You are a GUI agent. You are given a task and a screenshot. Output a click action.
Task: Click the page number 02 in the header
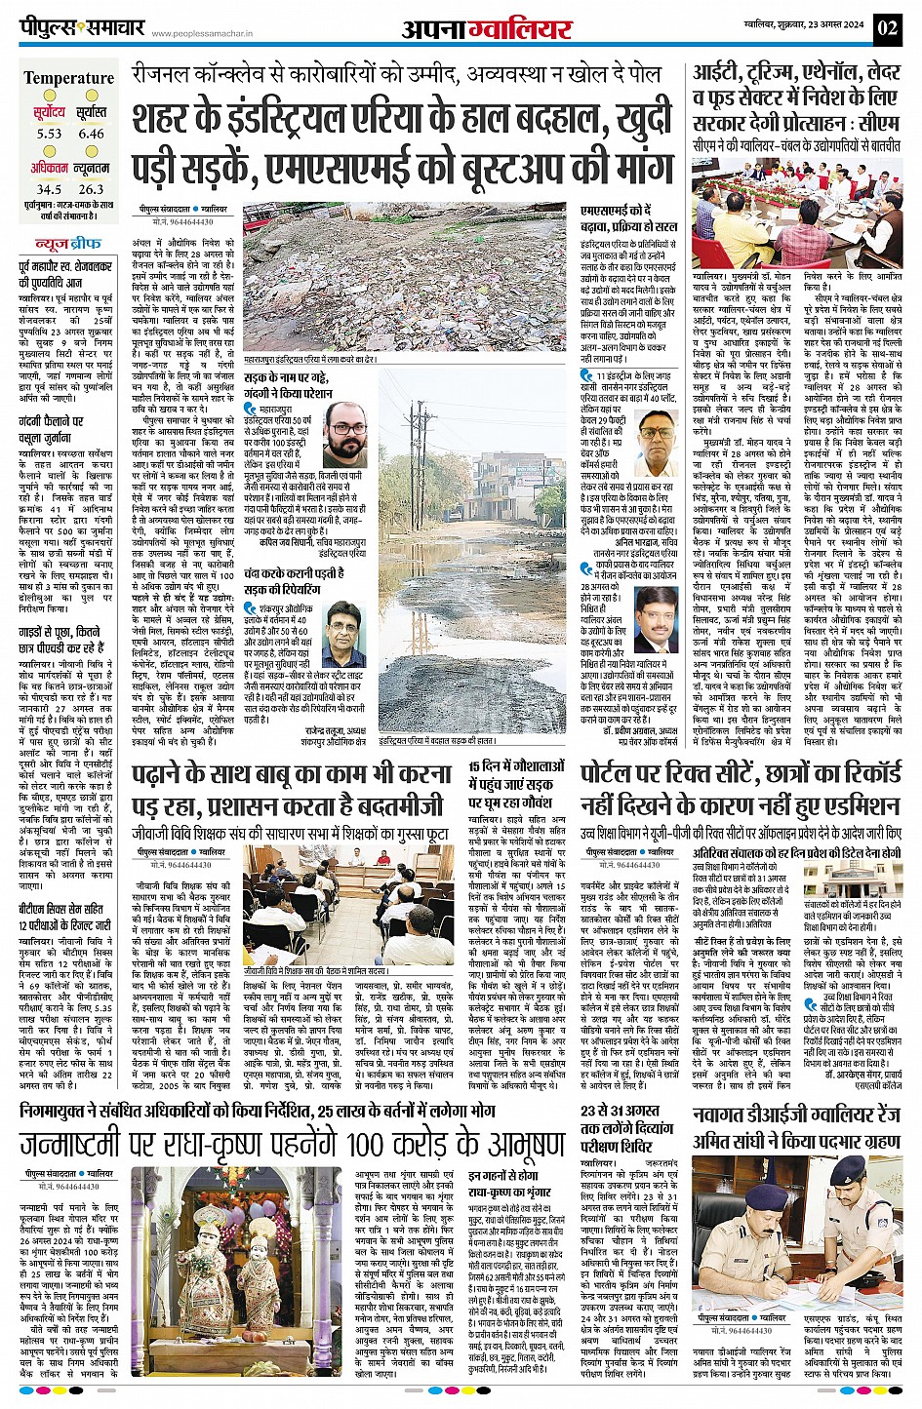887,28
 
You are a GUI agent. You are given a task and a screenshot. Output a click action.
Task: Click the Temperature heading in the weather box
69,78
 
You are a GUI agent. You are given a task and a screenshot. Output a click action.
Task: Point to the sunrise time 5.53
49,134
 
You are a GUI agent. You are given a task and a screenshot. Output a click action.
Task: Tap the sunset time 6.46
91,134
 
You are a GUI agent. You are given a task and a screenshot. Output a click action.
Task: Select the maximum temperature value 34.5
49,189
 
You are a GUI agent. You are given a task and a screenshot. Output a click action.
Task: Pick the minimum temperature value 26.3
91,189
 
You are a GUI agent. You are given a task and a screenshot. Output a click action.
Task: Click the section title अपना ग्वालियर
486,29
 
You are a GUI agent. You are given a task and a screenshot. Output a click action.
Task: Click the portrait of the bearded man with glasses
345,435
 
